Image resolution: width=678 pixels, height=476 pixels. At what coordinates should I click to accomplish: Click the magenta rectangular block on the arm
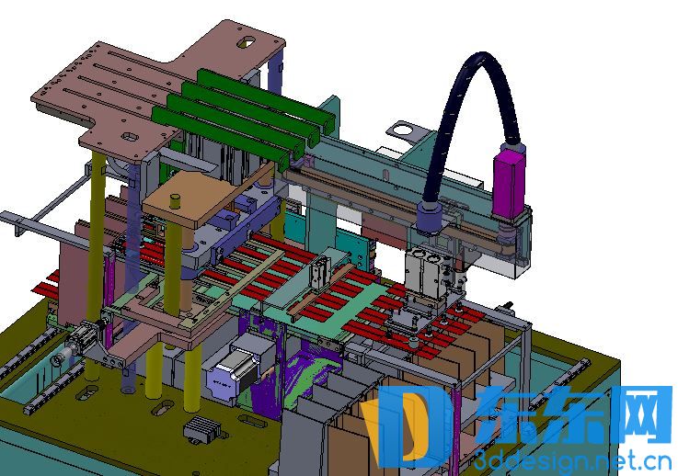[x=509, y=182]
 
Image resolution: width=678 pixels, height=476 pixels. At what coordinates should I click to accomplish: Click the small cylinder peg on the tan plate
[x=175, y=201]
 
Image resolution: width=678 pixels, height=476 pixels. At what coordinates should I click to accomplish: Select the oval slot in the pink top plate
[x=247, y=42]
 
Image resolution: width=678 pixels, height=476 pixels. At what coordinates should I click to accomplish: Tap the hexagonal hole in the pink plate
[x=129, y=137]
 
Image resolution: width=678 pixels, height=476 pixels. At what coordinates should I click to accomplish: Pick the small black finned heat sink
[x=202, y=427]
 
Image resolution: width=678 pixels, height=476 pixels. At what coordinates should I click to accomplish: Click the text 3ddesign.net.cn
[x=572, y=461]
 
